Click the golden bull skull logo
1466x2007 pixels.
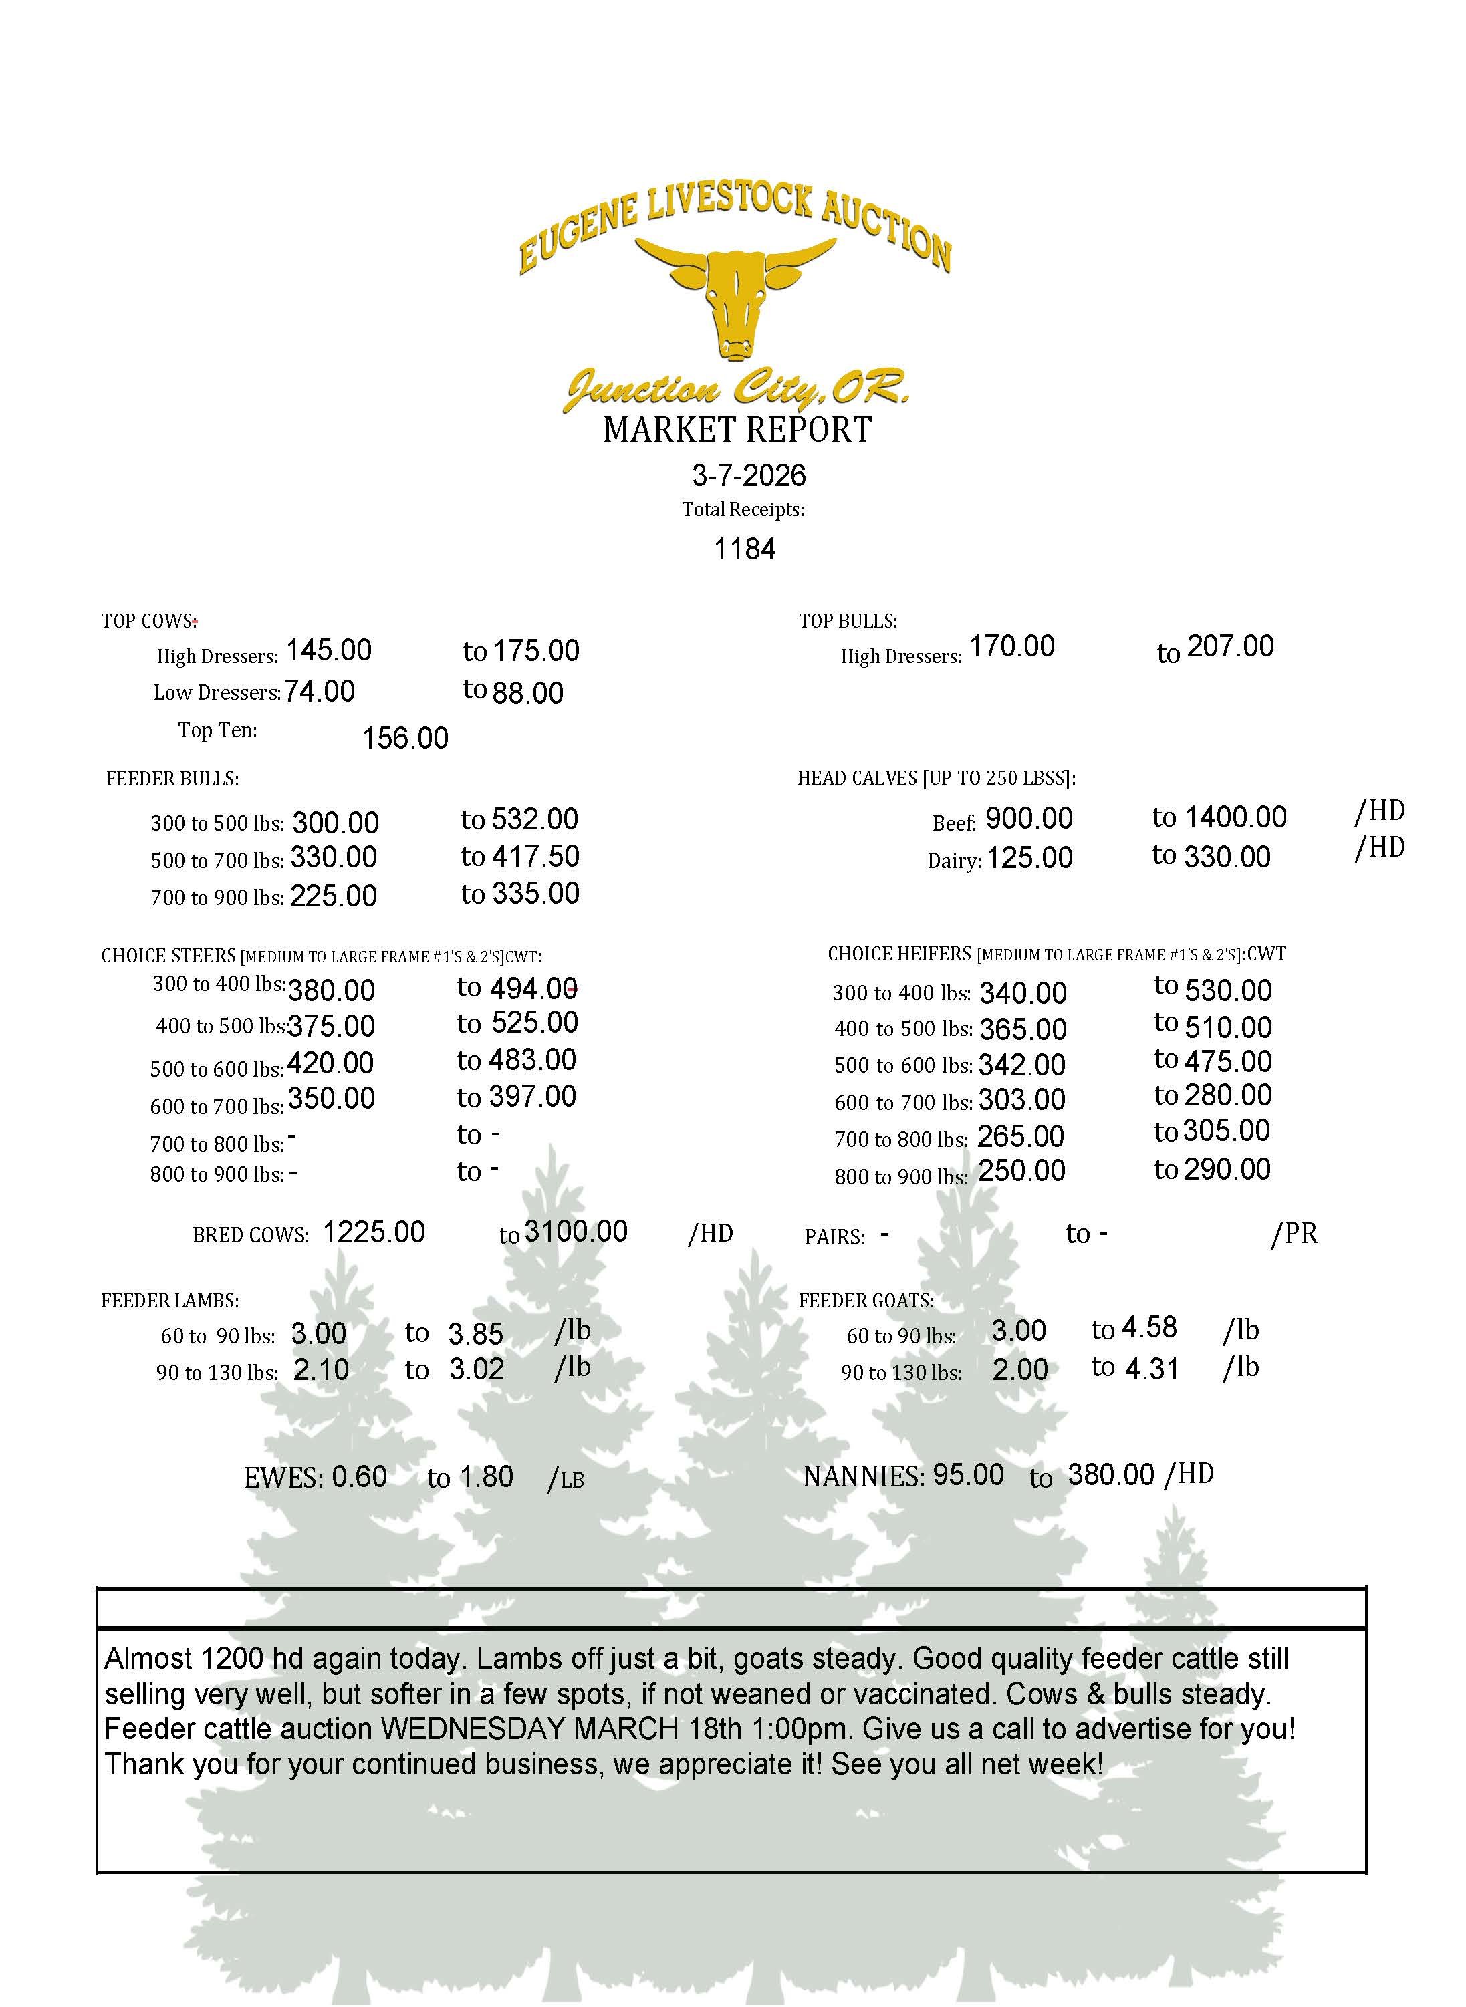point(735,298)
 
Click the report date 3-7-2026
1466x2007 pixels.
point(749,476)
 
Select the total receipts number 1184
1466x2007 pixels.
point(745,549)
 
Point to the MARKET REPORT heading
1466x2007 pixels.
point(737,430)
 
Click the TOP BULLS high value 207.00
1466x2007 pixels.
point(1230,646)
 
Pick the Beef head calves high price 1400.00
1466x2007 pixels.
point(1235,817)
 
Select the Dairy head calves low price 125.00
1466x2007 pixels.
point(1029,858)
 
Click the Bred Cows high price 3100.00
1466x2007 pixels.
point(576,1232)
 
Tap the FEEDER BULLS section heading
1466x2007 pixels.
point(172,779)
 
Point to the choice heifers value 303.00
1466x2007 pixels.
point(1021,1100)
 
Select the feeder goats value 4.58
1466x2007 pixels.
point(1149,1327)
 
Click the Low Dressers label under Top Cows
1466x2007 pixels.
point(217,693)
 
